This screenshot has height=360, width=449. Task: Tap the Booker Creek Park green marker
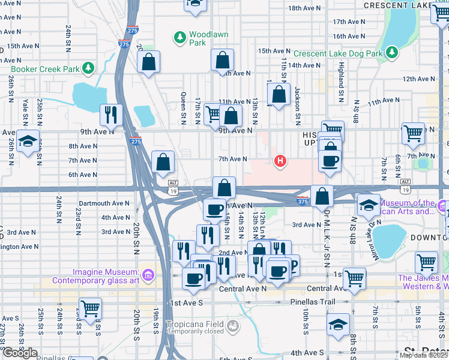pos(89,68)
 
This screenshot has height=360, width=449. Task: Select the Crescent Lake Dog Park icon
pos(392,53)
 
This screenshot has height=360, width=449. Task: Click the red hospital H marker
pos(279,161)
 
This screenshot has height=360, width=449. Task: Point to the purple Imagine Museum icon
pos(149,275)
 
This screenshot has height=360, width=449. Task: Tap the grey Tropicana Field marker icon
pos(233,327)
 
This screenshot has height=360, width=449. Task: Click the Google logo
pos(19,353)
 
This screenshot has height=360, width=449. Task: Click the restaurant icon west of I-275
pos(111,113)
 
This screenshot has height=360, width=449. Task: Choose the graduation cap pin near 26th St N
pos(28,141)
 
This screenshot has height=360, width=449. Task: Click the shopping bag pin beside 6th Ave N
pos(163,162)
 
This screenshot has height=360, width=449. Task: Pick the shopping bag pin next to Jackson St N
pos(279,94)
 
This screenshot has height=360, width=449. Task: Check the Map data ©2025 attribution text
pos(423,355)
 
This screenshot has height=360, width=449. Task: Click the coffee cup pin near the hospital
pos(330,161)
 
